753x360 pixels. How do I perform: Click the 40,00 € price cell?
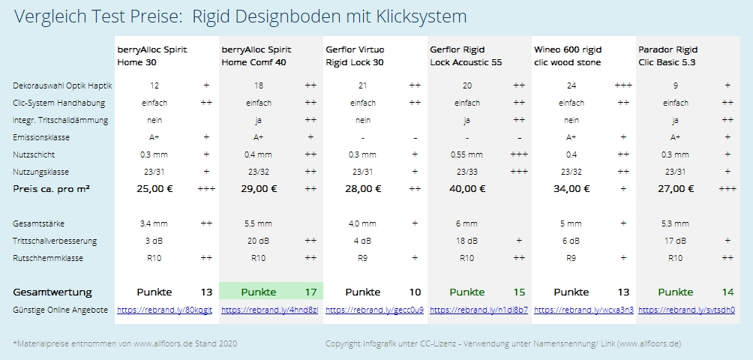pos(466,189)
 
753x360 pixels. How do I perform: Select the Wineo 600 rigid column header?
pos(568,56)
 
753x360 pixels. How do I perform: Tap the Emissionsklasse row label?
pos(40,137)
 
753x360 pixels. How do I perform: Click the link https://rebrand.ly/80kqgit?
pos(164,310)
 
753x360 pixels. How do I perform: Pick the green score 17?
pos(310,292)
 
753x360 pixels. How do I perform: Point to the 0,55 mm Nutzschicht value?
pos(466,154)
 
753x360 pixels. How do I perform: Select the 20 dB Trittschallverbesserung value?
pos(258,241)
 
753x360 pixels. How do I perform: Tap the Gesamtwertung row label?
pos(52,292)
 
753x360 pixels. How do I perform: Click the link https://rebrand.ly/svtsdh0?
pos(686,310)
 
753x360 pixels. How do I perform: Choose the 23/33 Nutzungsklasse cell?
pos(466,172)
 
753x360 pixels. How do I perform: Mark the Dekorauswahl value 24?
pos(571,85)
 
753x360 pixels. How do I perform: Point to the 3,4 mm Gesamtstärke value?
pos(154,223)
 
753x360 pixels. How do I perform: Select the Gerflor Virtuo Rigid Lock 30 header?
pos(355,56)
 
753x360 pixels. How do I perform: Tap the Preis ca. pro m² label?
pos(52,189)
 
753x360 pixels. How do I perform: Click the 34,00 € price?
pos(571,189)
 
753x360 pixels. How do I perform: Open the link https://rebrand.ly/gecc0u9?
pos(374,310)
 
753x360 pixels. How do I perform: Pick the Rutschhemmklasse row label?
pos(47,258)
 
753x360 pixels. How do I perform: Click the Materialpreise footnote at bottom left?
pos(124,343)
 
